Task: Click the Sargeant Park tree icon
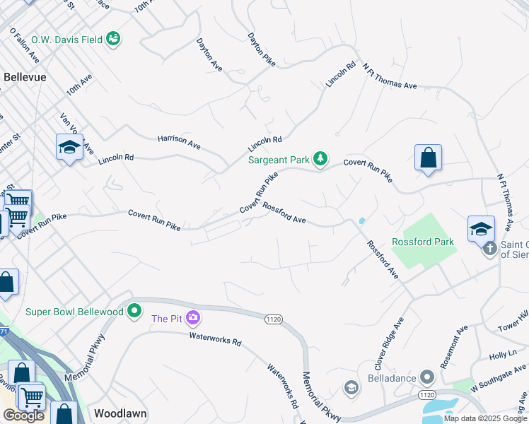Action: [320, 158]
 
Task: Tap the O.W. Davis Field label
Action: [71, 40]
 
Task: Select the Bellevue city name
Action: [25, 76]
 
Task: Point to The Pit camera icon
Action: [193, 318]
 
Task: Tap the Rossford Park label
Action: [423, 241]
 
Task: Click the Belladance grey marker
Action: [426, 377]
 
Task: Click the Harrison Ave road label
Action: [179, 143]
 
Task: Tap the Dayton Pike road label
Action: [261, 49]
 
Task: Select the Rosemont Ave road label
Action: [454, 346]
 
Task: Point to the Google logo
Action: [24, 416]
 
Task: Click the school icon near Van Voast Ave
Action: [69, 147]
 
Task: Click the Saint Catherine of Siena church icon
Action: [490, 249]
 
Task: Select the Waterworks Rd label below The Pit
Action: [216, 338]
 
